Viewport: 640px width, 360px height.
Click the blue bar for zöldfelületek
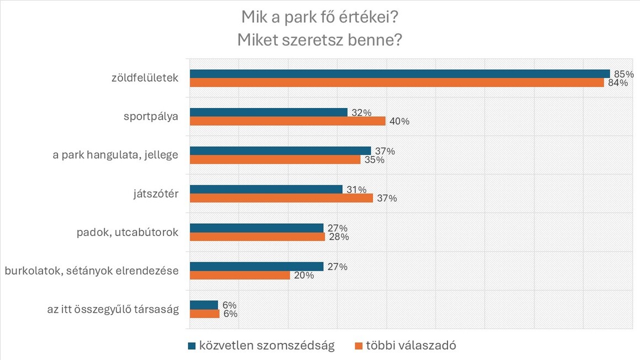tap(399, 74)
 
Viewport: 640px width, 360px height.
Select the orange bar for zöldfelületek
tap(397, 83)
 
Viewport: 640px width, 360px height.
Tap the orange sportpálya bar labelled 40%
tap(287, 121)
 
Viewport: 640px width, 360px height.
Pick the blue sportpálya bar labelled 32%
tap(269, 112)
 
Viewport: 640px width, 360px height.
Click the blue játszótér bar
tap(266, 190)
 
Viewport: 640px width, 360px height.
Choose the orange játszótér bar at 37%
tap(281, 198)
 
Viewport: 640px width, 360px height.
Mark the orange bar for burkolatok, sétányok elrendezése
tap(240, 275)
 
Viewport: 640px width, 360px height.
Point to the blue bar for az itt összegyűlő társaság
tap(204, 305)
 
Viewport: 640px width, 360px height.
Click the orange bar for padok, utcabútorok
tap(257, 237)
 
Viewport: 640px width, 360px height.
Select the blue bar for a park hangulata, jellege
tap(280, 151)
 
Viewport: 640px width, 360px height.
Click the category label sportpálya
tap(151, 116)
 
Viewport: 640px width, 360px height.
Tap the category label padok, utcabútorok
tap(127, 232)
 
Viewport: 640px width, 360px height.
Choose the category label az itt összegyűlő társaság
tap(113, 309)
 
